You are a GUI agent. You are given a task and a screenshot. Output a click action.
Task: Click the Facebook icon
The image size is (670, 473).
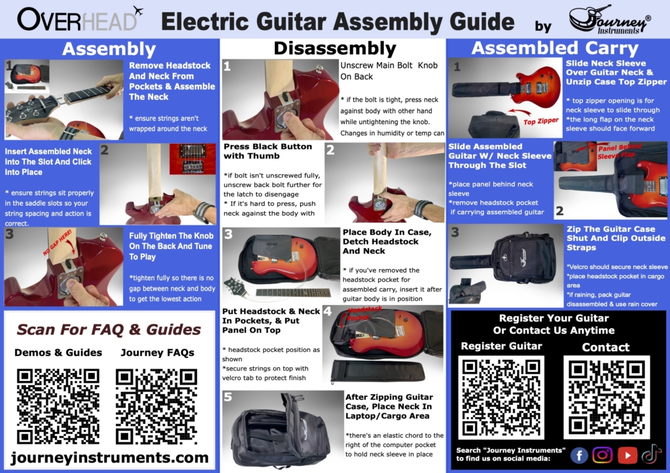pyautogui.click(x=579, y=455)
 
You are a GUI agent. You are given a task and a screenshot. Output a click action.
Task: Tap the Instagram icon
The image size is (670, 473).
pyautogui.click(x=603, y=455)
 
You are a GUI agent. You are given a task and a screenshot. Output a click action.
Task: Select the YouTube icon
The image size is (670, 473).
pyautogui.click(x=627, y=455)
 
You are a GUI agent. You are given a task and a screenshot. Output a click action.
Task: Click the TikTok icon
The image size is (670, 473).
pyautogui.click(x=651, y=454)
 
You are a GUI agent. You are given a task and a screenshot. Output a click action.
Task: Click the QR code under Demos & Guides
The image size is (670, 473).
pyautogui.click(x=58, y=406)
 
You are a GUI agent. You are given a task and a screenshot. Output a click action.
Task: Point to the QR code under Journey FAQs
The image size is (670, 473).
pyautogui.click(x=156, y=406)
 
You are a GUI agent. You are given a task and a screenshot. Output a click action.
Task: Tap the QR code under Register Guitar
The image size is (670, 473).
pyautogui.click(x=501, y=397)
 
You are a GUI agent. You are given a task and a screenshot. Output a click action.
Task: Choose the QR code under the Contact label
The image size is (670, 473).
pyautogui.click(x=607, y=397)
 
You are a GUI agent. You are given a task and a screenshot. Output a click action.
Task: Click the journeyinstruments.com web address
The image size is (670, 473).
pyautogui.click(x=110, y=457)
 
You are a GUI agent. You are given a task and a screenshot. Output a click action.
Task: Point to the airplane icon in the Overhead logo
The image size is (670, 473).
pyautogui.click(x=137, y=10)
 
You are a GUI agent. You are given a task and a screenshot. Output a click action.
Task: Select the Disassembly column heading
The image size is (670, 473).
pyautogui.click(x=335, y=48)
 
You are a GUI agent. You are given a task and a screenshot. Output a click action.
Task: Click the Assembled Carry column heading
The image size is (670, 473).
pyautogui.click(x=555, y=48)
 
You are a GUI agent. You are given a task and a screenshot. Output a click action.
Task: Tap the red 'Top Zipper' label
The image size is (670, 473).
pyautogui.click(x=541, y=121)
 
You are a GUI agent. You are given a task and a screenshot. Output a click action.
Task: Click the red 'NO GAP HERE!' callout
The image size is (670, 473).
pyautogui.click(x=57, y=243)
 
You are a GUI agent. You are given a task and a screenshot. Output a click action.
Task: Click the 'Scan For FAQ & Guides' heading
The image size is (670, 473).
pyautogui.click(x=109, y=329)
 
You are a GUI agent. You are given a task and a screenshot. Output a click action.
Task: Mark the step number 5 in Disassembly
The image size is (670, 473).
pyautogui.click(x=228, y=397)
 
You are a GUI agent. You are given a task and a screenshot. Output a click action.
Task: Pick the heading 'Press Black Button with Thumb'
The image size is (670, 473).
pyautogui.click(x=268, y=151)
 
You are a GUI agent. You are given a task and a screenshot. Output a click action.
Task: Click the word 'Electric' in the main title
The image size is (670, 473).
pyautogui.click(x=205, y=22)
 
